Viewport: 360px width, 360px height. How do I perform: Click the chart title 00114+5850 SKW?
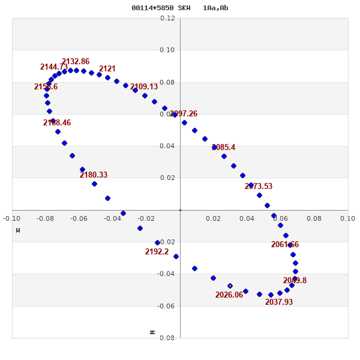[x=161, y=8]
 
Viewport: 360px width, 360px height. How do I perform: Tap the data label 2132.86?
[x=76, y=62]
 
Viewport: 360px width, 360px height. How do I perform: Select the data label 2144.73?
[x=54, y=67]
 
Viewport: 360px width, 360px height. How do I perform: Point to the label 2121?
[x=107, y=69]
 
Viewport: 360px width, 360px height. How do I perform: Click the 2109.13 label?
[x=144, y=87]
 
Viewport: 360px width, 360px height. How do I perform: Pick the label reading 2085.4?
[x=224, y=148]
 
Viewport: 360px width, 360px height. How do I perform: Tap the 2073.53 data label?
[x=259, y=187]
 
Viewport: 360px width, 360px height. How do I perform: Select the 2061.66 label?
[x=285, y=245]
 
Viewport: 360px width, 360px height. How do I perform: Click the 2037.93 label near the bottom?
[x=279, y=302]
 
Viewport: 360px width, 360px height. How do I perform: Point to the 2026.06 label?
[x=229, y=295]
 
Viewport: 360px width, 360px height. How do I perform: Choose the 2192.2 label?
[x=157, y=252]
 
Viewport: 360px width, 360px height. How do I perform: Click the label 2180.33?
[x=94, y=175]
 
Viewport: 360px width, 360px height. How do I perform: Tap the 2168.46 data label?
[x=57, y=123]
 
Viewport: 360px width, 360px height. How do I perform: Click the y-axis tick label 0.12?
[x=168, y=19]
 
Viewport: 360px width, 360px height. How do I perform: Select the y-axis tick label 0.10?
[x=168, y=50]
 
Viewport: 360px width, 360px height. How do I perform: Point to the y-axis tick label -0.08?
[x=167, y=338]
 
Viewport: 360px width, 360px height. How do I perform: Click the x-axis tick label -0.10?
[x=11, y=218]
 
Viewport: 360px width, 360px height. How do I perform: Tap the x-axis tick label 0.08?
[x=314, y=218]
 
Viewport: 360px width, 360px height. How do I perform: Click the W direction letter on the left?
[x=18, y=230]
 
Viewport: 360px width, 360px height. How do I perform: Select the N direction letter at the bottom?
[x=152, y=332]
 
